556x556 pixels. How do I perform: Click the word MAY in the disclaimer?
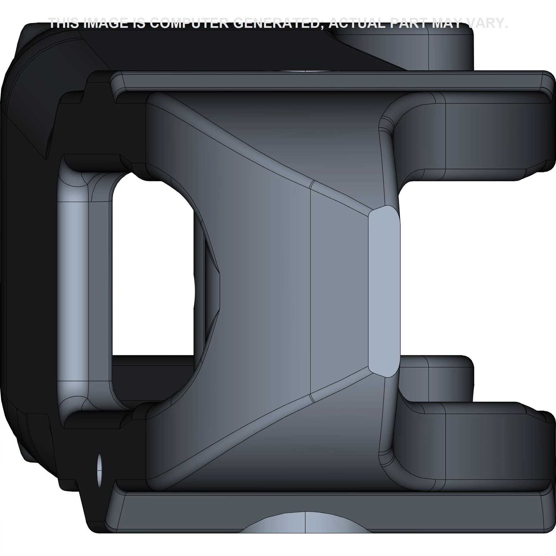(x=448, y=23)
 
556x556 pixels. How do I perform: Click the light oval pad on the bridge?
(x=384, y=291)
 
